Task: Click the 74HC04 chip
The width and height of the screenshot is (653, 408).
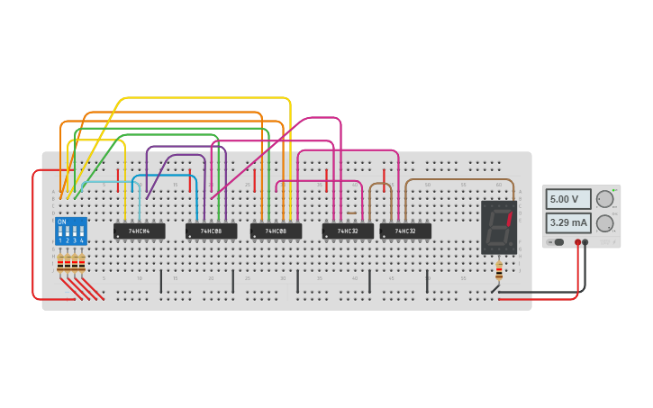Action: [x=139, y=231]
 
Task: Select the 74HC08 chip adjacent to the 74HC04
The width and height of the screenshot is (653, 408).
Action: [x=211, y=231]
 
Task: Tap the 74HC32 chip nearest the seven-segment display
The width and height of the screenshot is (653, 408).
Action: [x=405, y=231]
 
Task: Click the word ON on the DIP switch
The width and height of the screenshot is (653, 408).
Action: [x=61, y=222]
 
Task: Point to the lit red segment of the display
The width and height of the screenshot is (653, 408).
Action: [x=509, y=217]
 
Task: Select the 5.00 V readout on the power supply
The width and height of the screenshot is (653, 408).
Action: [x=567, y=199]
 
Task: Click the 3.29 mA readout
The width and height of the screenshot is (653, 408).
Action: [x=567, y=222]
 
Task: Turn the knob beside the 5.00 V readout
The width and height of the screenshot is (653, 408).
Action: [x=605, y=199]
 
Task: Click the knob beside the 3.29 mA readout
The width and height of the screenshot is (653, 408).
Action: [x=605, y=222]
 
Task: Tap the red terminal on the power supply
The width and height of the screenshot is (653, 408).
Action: [x=577, y=242]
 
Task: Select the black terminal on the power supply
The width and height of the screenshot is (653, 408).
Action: [x=585, y=242]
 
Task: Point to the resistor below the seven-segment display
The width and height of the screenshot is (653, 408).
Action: [x=499, y=269]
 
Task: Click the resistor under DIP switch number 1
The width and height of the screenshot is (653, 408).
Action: [x=60, y=263]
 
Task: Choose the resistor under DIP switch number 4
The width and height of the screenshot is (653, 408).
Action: [x=82, y=263]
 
